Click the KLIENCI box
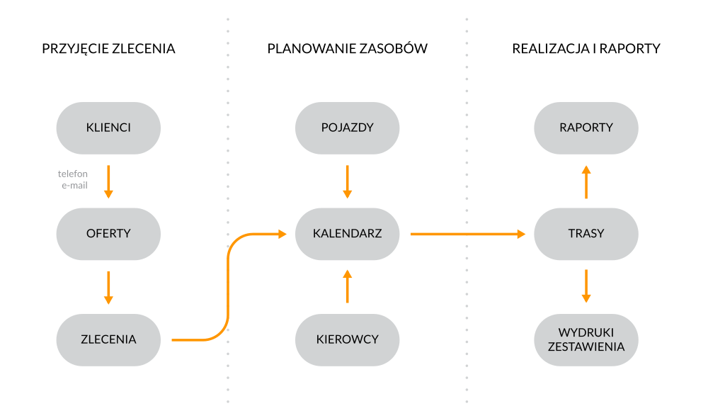click(108, 128)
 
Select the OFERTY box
click(108, 233)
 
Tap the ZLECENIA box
click(108, 339)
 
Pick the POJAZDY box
click(347, 128)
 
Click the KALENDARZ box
click(347, 233)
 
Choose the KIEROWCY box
click(347, 339)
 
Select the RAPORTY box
click(586, 128)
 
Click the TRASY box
click(586, 233)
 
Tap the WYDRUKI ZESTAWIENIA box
click(586, 339)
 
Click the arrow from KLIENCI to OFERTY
click(108, 181)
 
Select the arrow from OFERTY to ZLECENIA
click(108, 287)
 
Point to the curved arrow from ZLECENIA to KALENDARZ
click(228, 283)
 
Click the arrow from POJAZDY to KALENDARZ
click(347, 181)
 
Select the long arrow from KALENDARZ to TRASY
click(467, 234)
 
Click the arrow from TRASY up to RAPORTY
click(586, 181)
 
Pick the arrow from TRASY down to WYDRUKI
click(586, 286)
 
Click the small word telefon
click(73, 174)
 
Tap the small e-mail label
click(74, 186)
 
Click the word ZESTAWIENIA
click(586, 347)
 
